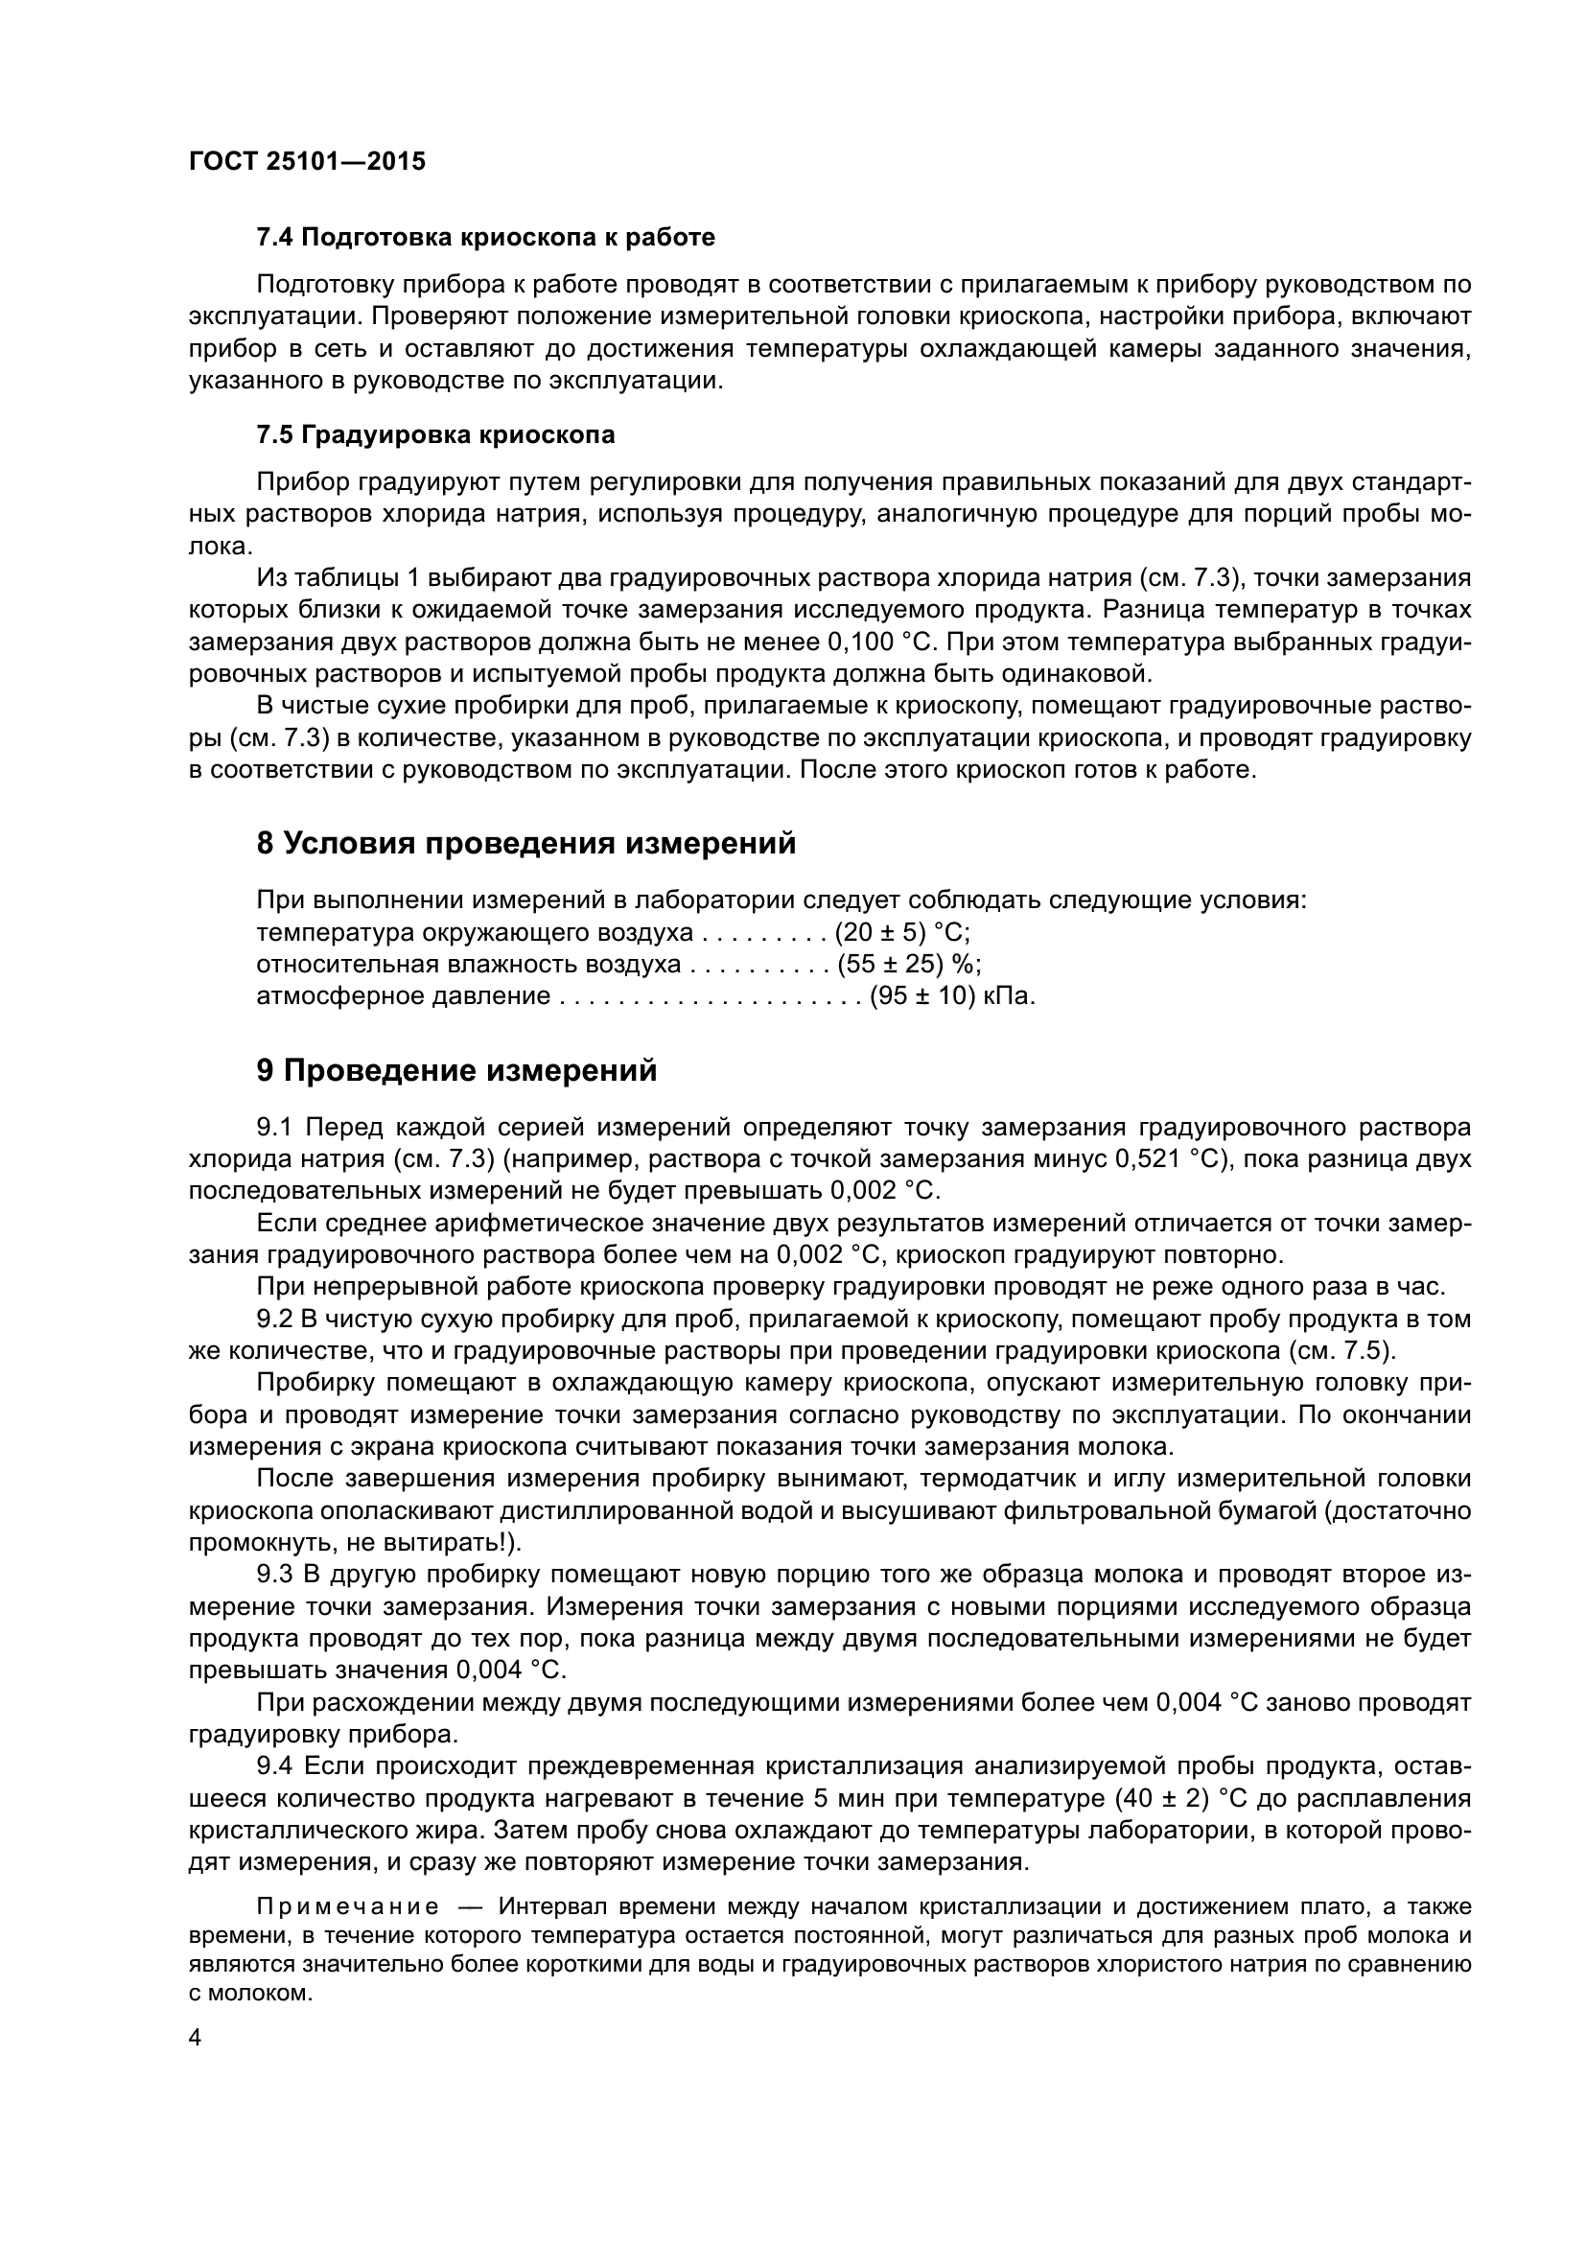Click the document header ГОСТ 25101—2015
tap(307, 161)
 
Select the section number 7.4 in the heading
tap(275, 238)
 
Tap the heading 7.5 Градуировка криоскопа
tap(435, 434)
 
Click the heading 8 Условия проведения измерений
tap(525, 843)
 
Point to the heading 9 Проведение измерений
tap(456, 1071)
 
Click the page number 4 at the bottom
tap(195, 2039)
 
